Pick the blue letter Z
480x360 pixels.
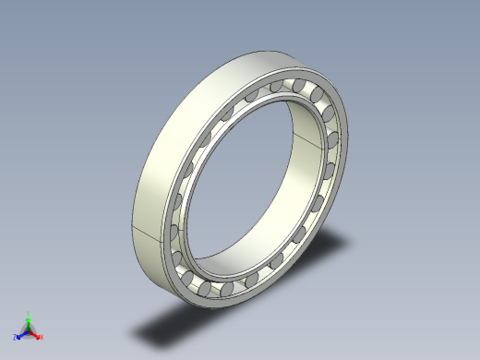point(16,336)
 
